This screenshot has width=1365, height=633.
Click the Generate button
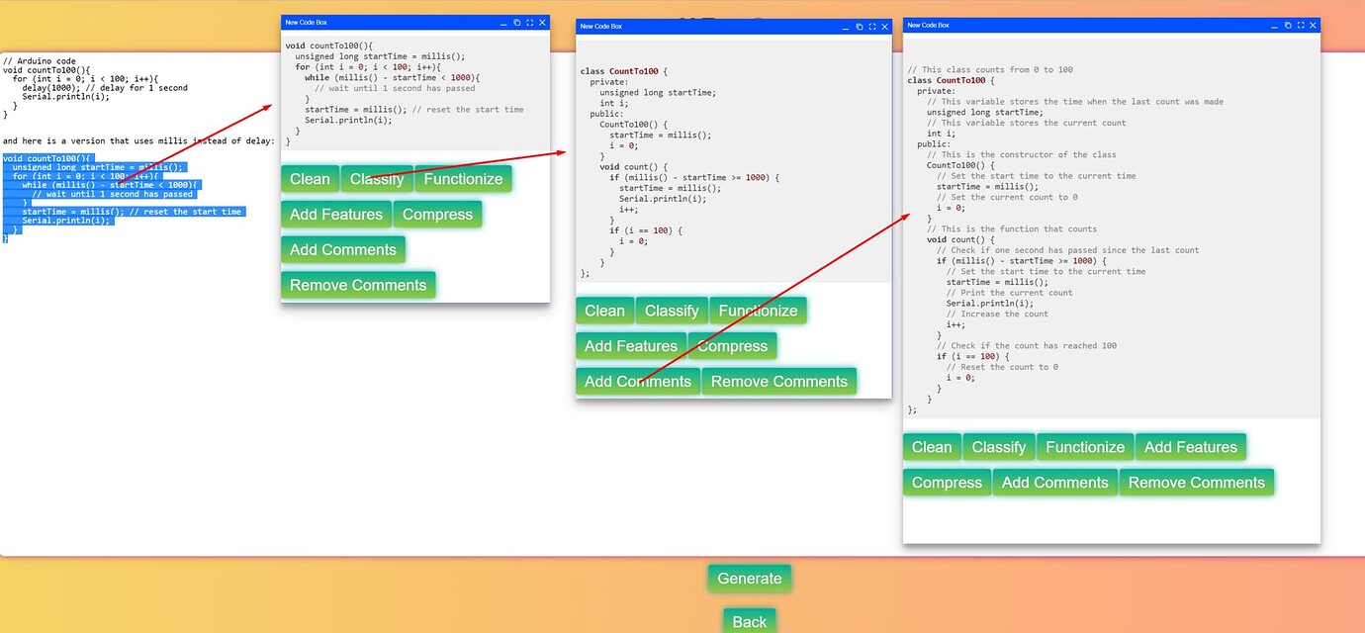749,579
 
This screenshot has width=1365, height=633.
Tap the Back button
749,621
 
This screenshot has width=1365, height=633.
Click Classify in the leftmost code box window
377,179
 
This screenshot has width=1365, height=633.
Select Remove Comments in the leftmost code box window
358,285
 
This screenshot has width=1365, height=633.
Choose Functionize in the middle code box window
758,311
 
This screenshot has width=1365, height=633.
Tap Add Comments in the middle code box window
638,382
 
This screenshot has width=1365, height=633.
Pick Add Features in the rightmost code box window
1190,447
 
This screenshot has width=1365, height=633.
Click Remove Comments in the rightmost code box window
1196,483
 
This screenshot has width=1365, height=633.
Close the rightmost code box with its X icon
1313,25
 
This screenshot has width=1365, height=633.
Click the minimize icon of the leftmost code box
503,22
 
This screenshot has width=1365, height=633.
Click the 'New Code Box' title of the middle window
601,27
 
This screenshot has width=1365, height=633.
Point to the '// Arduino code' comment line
40,61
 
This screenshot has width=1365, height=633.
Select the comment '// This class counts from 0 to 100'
990,69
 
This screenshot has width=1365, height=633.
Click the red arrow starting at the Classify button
475,164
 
